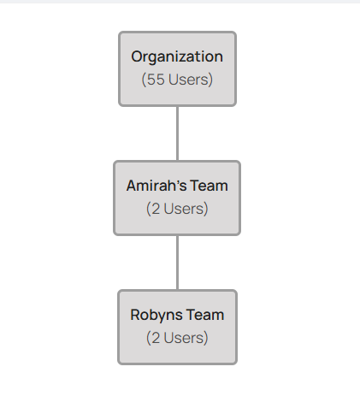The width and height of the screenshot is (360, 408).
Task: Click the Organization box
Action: point(177,68)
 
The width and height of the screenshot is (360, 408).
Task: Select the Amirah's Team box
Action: point(177,198)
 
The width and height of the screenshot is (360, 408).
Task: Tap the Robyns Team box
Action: point(177,327)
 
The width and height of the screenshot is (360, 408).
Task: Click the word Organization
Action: point(177,57)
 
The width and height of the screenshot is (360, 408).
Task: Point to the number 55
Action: point(156,80)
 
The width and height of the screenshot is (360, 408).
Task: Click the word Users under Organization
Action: point(188,80)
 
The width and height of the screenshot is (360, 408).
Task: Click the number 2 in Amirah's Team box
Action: point(156,209)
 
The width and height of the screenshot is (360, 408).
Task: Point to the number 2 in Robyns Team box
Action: point(156,338)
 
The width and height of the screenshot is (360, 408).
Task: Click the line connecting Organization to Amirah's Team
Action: point(178,133)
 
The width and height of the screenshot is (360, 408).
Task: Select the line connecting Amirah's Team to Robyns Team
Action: point(178,263)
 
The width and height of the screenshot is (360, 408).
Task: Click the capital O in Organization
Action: point(137,56)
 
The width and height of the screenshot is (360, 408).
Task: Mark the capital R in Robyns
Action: point(135,315)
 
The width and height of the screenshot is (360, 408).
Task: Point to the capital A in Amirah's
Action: point(132,186)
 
